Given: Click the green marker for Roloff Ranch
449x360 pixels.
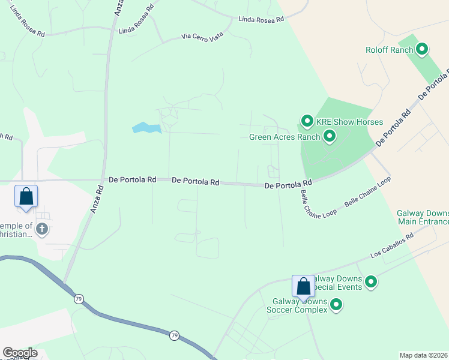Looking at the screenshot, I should pos(422,50).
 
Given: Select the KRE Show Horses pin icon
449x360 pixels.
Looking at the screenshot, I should pos(307,122).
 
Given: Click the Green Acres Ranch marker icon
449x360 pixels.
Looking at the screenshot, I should pos(329,137).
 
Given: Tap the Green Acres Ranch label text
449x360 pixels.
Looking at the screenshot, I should pos(285,137).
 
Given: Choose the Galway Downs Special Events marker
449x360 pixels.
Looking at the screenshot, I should pos(371,281).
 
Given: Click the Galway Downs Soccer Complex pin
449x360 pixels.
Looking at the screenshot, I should pos(337,305).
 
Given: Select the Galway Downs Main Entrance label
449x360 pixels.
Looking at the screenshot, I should pos(423,217).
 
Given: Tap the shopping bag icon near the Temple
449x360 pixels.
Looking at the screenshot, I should pos(26,196).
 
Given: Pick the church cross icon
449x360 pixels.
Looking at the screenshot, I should pos(42,229).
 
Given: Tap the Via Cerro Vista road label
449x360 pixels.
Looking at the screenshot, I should pos(202,37).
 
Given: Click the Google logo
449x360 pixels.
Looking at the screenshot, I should pos(20,353).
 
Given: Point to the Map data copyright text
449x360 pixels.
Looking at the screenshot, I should pos(423,355).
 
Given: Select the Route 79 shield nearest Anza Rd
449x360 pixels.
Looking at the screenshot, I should pos(79,298).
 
